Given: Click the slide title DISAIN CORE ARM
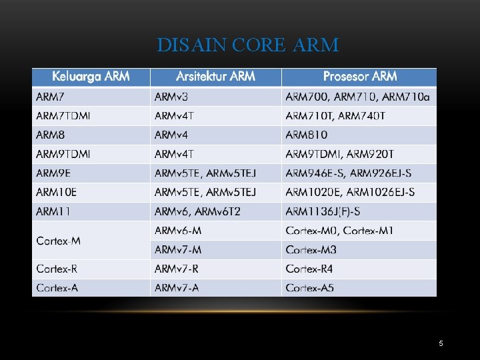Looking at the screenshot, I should [247, 45].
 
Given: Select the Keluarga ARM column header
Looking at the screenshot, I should [91, 77].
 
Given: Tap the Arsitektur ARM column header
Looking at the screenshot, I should [215, 77].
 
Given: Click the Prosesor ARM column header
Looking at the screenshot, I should [359, 77].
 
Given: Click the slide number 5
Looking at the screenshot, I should [441, 343].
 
